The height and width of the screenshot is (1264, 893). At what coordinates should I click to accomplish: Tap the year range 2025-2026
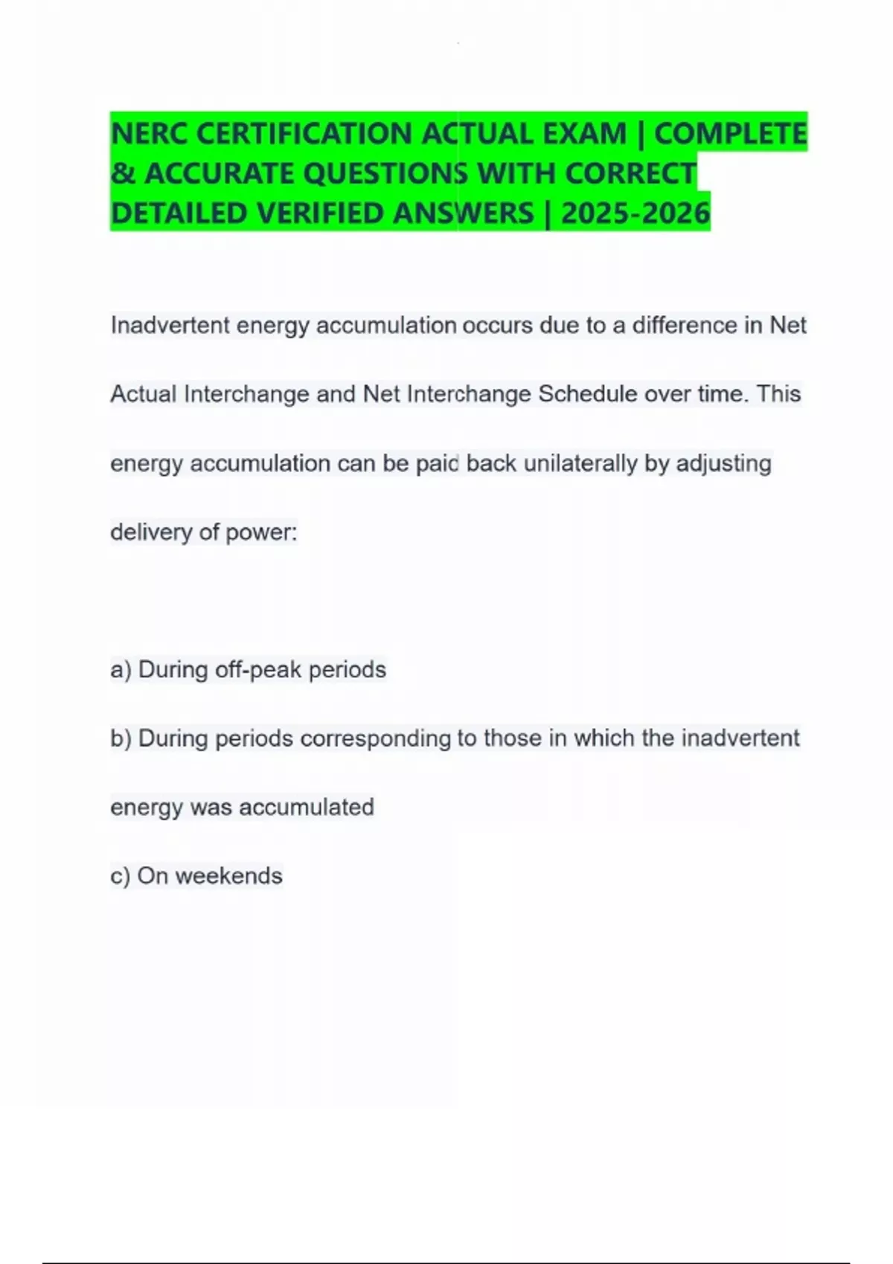(636, 213)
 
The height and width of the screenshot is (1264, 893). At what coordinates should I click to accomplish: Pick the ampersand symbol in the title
(122, 174)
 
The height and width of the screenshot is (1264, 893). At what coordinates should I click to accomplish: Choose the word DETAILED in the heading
(179, 213)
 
